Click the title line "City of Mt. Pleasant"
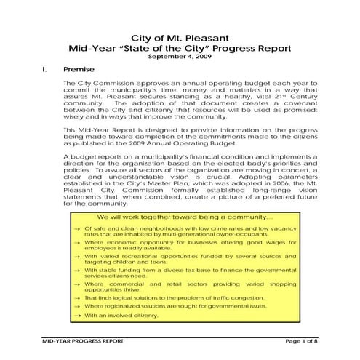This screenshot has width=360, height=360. coord(179,37)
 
